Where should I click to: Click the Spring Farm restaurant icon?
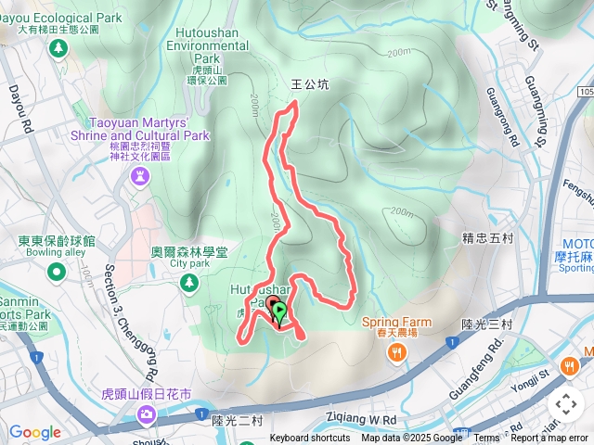pyautogui.click(x=397, y=351)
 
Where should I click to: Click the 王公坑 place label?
pyautogui.click(x=311, y=84)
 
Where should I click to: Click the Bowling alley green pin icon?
pyautogui.click(x=57, y=272)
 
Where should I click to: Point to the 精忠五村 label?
pyautogui.click(x=487, y=238)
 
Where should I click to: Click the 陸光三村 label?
pyautogui.click(x=487, y=324)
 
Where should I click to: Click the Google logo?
pyautogui.click(x=34, y=432)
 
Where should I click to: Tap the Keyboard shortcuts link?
pyautogui.click(x=310, y=439)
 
